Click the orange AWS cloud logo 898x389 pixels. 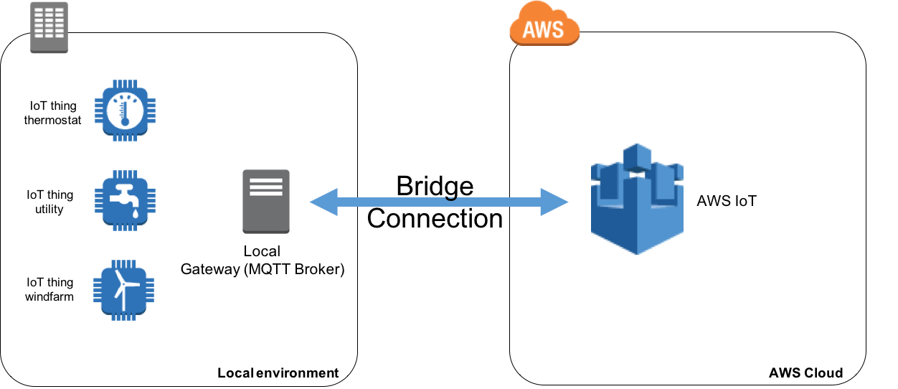(x=544, y=24)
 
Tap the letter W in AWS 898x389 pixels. (x=544, y=29)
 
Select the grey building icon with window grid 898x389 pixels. (x=49, y=27)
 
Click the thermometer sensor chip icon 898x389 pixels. (x=125, y=111)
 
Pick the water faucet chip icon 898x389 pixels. (x=125, y=200)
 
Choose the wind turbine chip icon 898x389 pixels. (x=124, y=290)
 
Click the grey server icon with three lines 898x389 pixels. (x=266, y=201)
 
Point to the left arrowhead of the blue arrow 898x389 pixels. (x=323, y=202)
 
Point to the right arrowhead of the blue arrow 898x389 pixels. (x=554, y=202)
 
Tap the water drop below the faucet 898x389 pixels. (x=134, y=214)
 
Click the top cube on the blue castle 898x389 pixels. (x=637, y=156)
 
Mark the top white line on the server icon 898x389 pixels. (x=266, y=179)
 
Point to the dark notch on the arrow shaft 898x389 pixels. (x=450, y=197)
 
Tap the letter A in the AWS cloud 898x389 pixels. (x=529, y=29)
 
